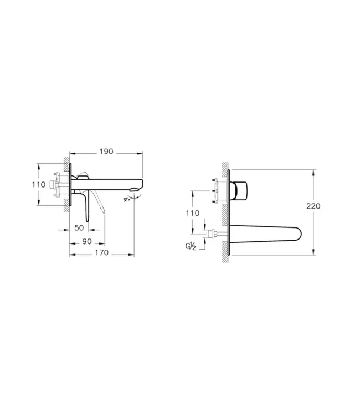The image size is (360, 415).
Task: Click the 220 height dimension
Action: pyautogui.click(x=313, y=206)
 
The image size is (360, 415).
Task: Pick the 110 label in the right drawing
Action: pyautogui.click(x=192, y=212)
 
